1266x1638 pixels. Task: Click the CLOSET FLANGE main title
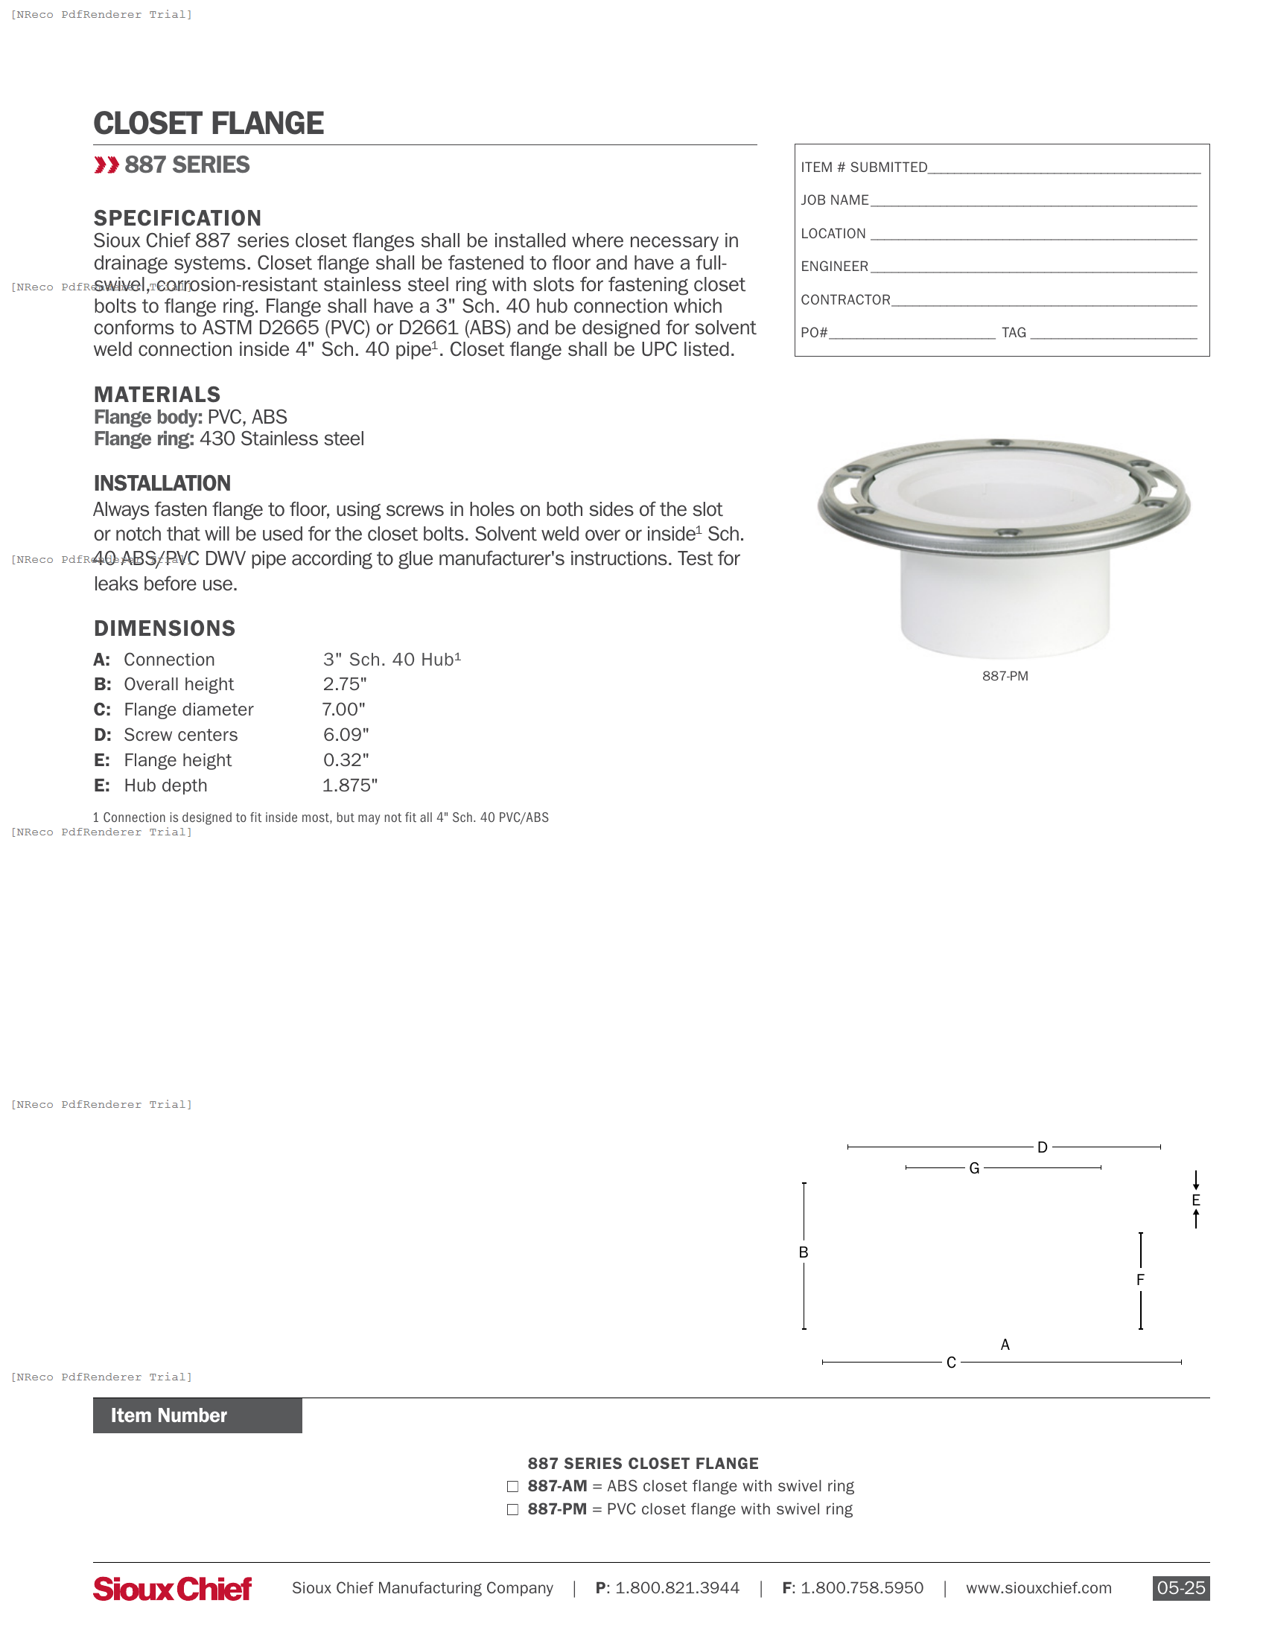(x=209, y=124)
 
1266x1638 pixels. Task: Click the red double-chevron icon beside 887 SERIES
(x=106, y=165)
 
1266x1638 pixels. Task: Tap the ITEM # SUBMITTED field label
(x=863, y=168)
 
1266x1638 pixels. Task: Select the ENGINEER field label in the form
(x=834, y=267)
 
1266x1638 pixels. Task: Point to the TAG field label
(x=1014, y=332)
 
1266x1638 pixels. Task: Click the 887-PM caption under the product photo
(x=1005, y=676)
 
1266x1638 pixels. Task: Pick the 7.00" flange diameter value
(x=343, y=710)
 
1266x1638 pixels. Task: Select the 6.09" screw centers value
(x=346, y=735)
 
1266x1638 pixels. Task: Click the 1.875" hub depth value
(x=349, y=785)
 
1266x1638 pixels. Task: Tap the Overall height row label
(x=179, y=684)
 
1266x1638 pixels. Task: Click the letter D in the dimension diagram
(x=1042, y=1147)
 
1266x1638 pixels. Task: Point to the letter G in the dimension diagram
(x=974, y=1167)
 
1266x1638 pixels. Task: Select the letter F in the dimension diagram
(x=1140, y=1279)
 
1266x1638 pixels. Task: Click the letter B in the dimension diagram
(x=804, y=1252)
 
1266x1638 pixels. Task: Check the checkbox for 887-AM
(x=512, y=1486)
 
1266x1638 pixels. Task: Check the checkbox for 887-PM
(x=512, y=1509)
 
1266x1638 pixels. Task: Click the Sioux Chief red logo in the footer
(x=173, y=1588)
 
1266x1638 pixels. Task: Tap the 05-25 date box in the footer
(x=1180, y=1588)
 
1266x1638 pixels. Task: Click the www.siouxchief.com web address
(x=1038, y=1588)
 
